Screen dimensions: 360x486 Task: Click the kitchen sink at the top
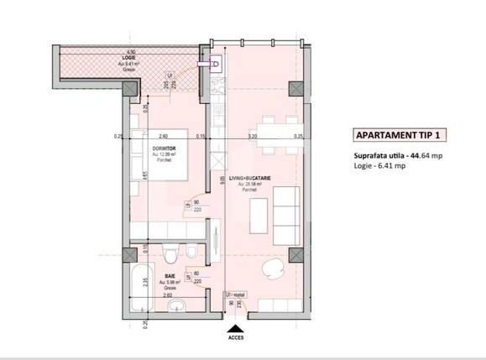point(215,62)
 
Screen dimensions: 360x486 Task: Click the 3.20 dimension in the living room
point(251,136)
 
